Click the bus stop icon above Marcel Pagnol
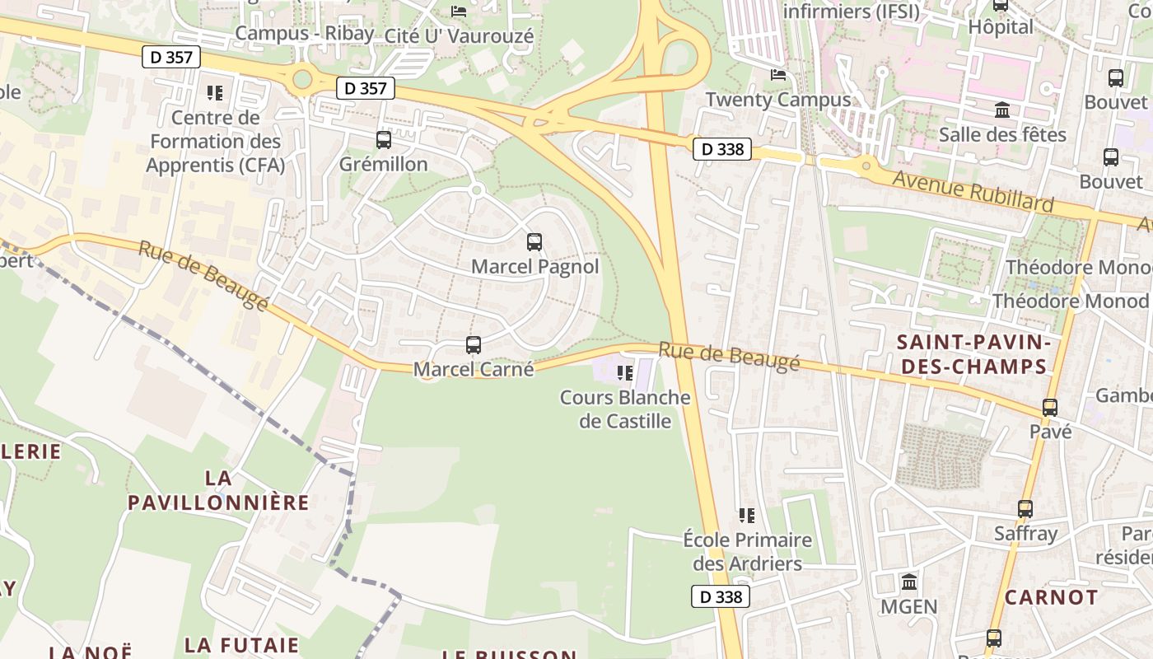pos(534,242)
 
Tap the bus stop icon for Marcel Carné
pos(474,345)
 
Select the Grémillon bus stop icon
pos(384,140)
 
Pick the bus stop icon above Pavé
pos(1050,408)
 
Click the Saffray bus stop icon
pos(1025,509)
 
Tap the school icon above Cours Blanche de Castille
pos(625,373)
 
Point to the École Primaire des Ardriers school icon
pos(747,516)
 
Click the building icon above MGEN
pos(909,582)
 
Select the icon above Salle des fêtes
pos(1002,110)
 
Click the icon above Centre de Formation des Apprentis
pos(215,93)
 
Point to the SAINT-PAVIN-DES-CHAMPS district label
pos(973,354)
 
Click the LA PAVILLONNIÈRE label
pos(218,490)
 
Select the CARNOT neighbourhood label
pos(1052,597)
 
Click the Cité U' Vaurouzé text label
pos(460,36)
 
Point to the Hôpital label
pos(1001,27)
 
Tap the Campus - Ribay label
pos(304,34)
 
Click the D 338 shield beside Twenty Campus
pos(722,149)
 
